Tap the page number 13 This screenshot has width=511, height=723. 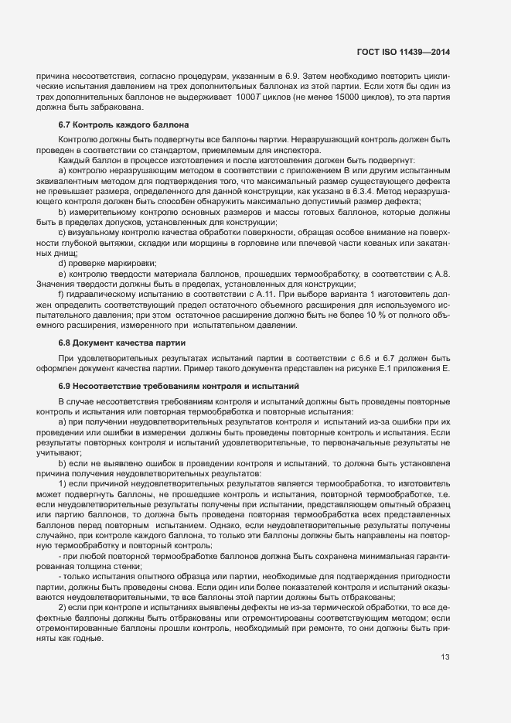pos(445,658)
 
